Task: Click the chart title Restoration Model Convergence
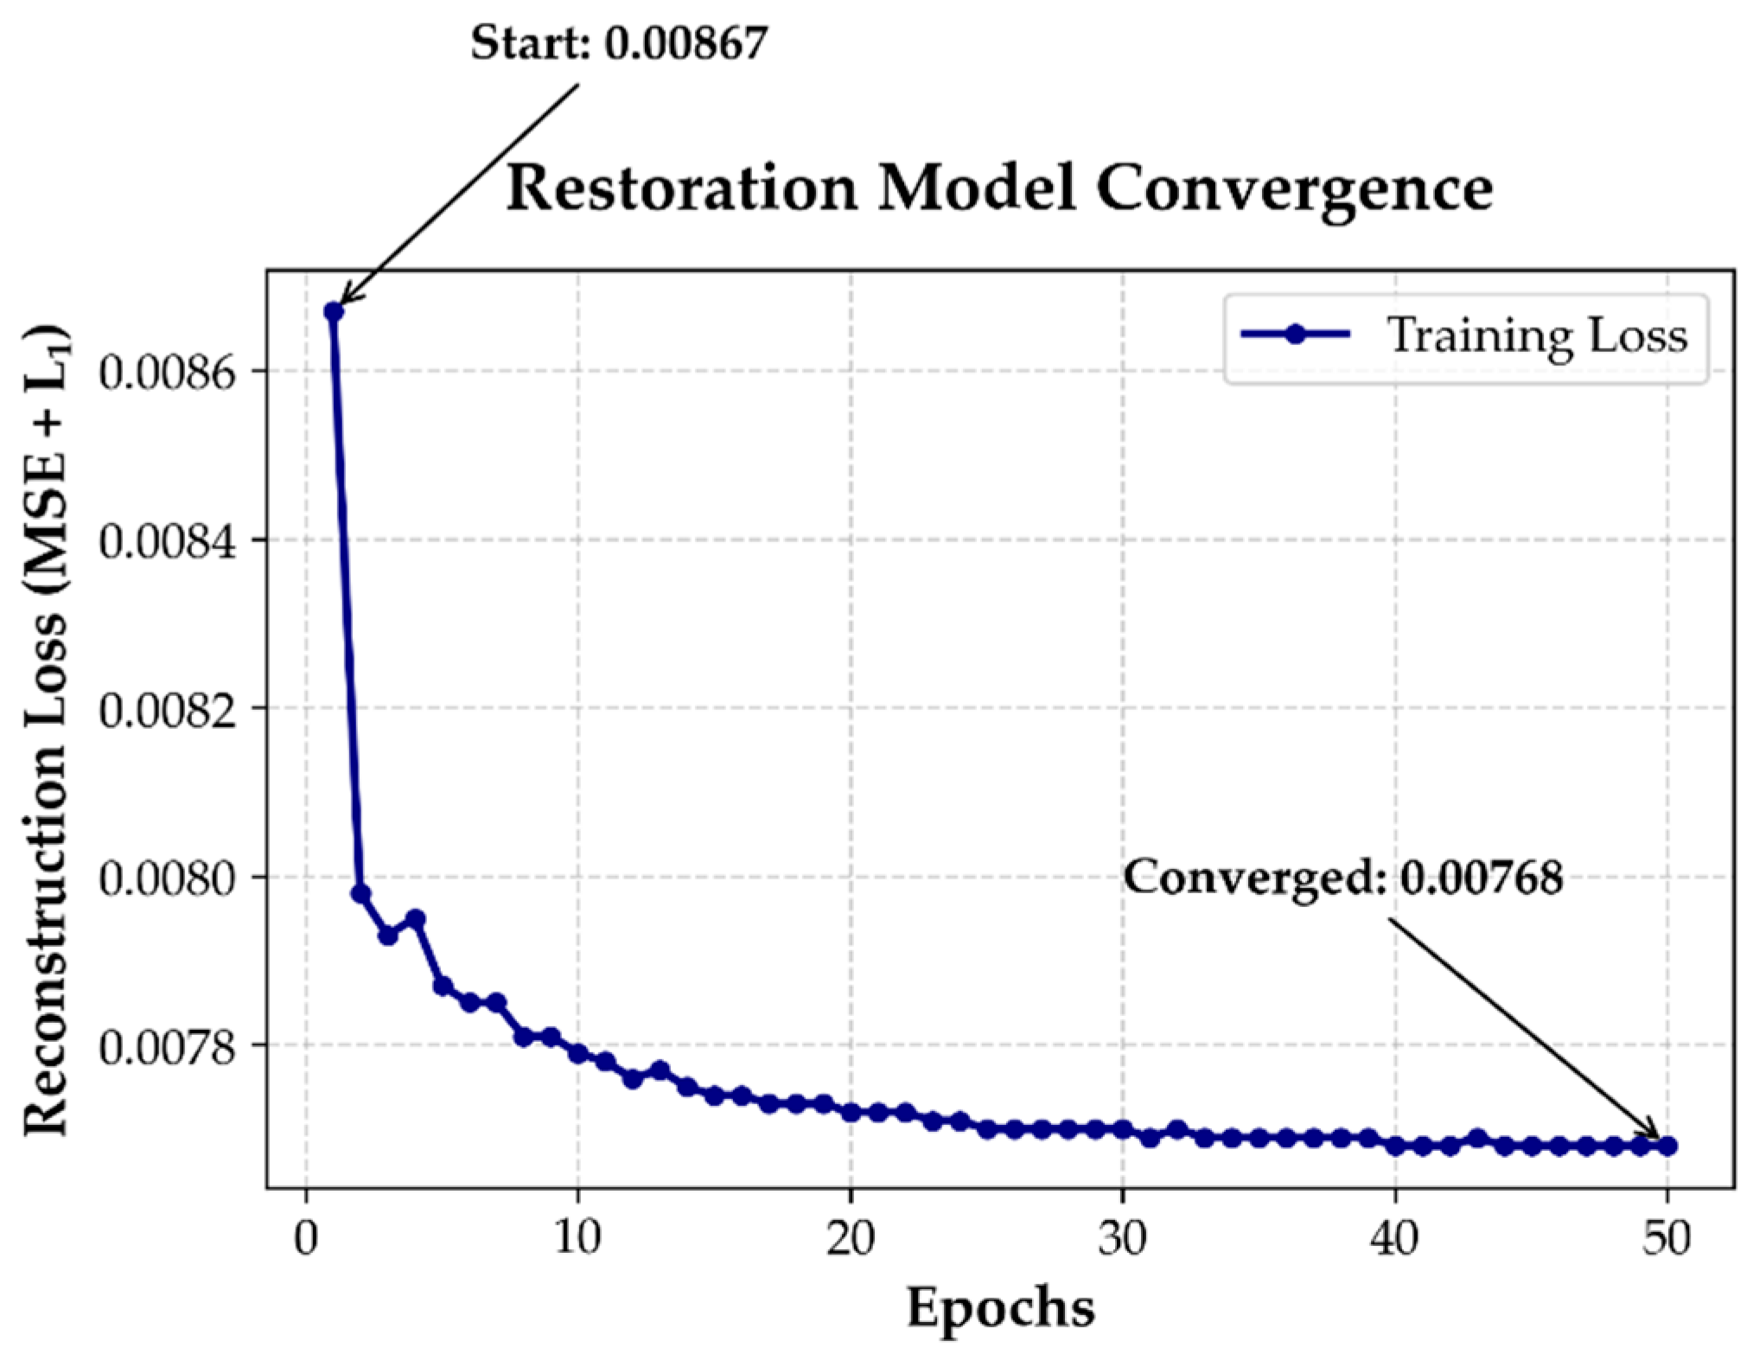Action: (998, 188)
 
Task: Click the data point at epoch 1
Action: (334, 311)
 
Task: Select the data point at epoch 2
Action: (360, 893)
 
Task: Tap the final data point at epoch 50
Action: (1667, 1147)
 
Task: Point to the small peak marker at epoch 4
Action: (415, 918)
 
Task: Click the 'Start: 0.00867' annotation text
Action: (619, 42)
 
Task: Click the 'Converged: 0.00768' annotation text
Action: (1342, 878)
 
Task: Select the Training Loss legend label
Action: (1537, 336)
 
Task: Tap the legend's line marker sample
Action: (1295, 335)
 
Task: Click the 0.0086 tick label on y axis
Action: (167, 374)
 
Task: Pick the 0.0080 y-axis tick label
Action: (167, 879)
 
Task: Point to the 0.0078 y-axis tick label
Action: (167, 1048)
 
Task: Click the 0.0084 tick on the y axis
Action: (167, 542)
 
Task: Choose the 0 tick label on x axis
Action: (306, 1238)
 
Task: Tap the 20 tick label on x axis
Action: (850, 1238)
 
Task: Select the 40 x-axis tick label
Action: (1394, 1238)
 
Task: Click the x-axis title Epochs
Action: (1000, 1306)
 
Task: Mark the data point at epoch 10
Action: (578, 1053)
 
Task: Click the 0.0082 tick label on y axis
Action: (167, 711)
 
